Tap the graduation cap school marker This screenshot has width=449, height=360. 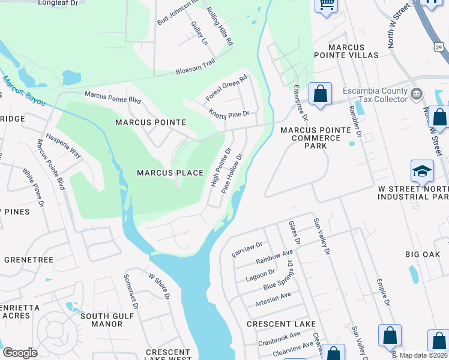coord(422,171)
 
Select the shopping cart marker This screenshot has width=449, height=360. coord(327,5)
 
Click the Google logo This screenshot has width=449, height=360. coord(20,353)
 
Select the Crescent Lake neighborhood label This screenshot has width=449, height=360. coord(282,324)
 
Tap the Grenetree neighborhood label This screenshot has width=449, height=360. coord(29,260)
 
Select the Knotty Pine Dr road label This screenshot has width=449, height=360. coord(229,112)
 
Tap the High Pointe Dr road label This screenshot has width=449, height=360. coord(220,167)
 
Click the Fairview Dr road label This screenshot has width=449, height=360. coord(247,250)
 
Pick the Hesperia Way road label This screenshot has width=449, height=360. coord(64,145)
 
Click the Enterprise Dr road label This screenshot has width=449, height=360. coord(300,101)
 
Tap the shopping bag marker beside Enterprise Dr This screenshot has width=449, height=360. coord(320,94)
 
